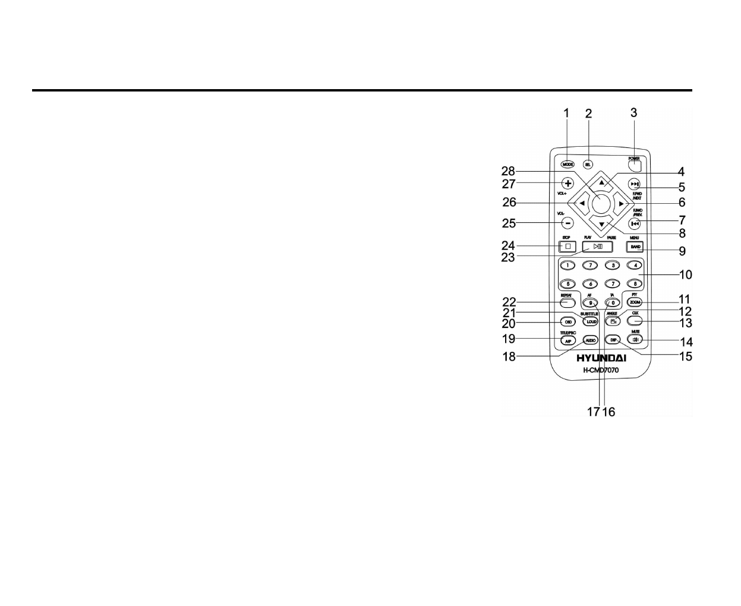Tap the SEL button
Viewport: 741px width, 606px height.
[588, 165]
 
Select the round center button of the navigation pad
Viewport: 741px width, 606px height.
[601, 203]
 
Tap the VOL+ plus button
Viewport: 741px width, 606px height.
[567, 183]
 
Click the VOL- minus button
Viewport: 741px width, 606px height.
[567, 223]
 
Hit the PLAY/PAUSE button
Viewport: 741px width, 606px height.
[597, 246]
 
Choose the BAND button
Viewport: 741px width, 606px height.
[635, 246]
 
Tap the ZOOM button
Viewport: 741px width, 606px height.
[635, 302]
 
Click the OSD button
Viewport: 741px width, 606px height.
[568, 321]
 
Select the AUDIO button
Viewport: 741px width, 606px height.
[590, 340]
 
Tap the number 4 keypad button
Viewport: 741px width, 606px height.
[635, 265]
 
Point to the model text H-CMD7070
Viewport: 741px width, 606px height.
[601, 371]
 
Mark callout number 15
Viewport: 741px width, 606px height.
[686, 356]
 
